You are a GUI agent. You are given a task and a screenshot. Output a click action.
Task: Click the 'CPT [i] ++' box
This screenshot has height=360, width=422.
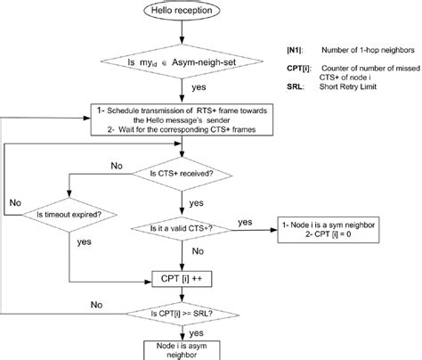tap(187, 279)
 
